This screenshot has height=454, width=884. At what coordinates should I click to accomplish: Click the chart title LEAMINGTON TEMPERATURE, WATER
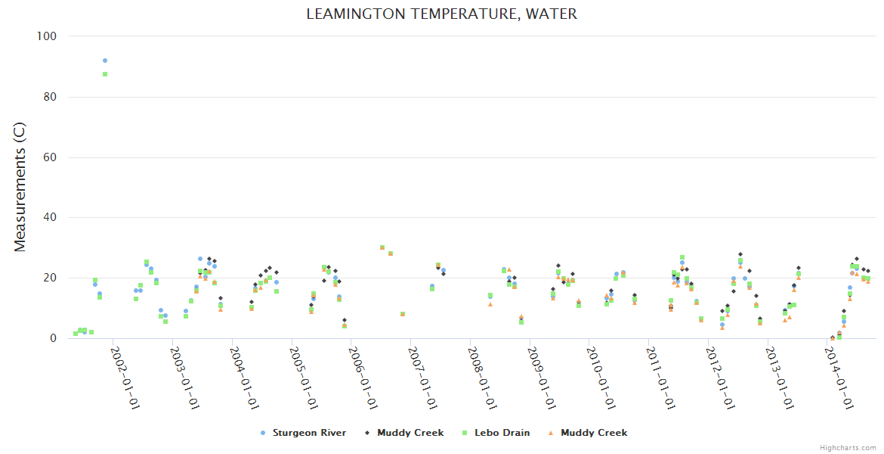pyautogui.click(x=442, y=14)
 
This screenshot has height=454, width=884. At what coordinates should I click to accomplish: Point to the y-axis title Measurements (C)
pyautogui.click(x=21, y=188)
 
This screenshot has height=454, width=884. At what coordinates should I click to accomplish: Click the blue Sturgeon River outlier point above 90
pyautogui.click(x=105, y=61)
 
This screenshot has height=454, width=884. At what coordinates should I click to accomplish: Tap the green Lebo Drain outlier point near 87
pyautogui.click(x=105, y=74)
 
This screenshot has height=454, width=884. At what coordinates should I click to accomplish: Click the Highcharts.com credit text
pyautogui.click(x=848, y=448)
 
